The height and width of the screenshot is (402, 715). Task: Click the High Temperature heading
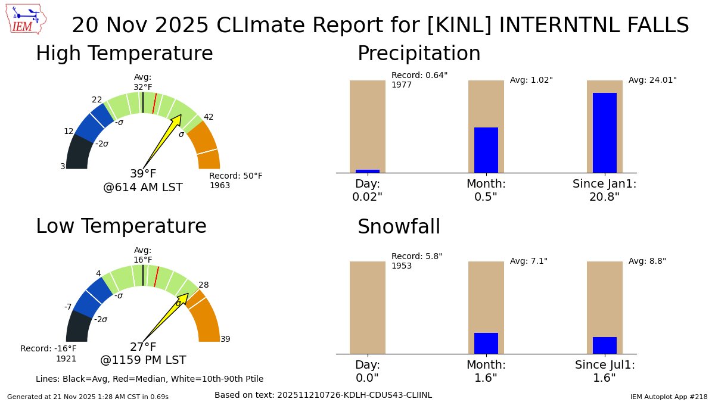(124, 54)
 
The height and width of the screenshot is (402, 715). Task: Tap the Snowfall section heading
(399, 227)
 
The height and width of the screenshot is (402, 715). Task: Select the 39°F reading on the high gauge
(143, 174)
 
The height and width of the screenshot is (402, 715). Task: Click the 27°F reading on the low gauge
(143, 347)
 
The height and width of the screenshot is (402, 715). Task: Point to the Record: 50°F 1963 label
(235, 180)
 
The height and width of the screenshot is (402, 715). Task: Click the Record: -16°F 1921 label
(49, 353)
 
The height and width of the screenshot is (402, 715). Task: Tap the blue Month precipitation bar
(486, 150)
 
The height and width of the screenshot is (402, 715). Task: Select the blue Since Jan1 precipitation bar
(604, 132)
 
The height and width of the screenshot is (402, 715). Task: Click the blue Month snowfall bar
(486, 343)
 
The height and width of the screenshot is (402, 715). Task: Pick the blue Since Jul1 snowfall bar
(604, 345)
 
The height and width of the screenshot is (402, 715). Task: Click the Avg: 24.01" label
(652, 80)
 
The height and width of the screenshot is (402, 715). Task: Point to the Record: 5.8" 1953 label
(416, 261)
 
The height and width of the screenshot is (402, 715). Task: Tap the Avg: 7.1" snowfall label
(529, 261)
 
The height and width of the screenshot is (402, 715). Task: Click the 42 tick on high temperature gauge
(209, 117)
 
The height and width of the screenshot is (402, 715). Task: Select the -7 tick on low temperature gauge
(68, 307)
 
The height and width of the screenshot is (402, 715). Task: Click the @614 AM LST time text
(143, 188)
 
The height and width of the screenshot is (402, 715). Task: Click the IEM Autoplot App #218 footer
(669, 396)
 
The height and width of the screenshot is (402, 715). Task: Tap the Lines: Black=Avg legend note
(150, 379)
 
